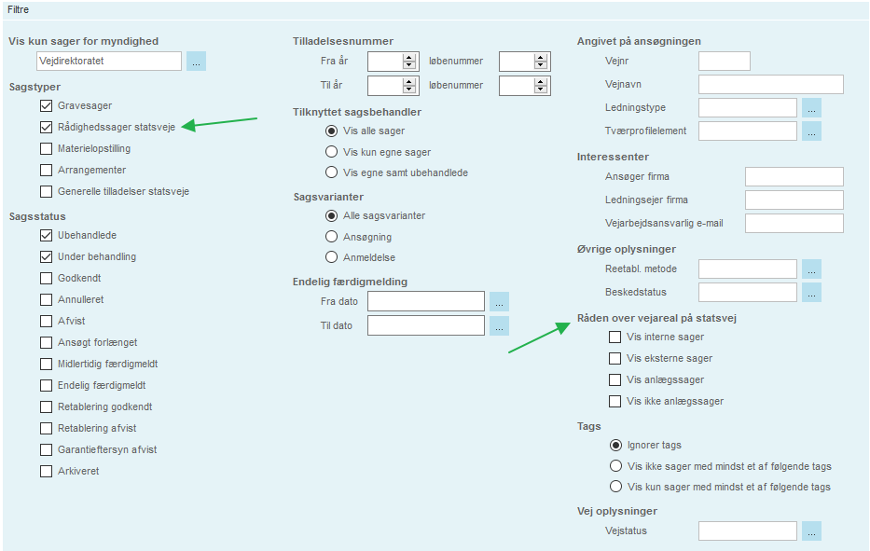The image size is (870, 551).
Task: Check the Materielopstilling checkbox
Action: point(46,149)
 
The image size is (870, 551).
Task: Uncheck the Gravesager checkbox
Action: point(46,106)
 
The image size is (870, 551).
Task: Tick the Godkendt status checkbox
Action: point(46,279)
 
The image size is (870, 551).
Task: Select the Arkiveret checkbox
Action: point(46,472)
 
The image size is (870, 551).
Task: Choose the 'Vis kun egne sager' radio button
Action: point(331,151)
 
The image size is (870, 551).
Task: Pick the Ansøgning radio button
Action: point(331,237)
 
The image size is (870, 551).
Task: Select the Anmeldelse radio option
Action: point(331,257)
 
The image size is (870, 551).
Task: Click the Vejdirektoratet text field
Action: point(109,61)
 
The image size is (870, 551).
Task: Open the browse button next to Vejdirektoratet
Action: point(196,61)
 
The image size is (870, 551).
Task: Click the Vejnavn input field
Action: point(770,84)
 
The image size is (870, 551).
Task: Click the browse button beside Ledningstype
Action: point(811,107)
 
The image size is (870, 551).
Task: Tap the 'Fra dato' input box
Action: point(425,301)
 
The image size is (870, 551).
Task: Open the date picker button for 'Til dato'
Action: point(499,325)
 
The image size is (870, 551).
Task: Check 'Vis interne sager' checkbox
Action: point(615,337)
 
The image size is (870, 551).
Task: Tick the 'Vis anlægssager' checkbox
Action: point(615,380)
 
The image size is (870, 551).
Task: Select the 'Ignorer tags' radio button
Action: point(615,445)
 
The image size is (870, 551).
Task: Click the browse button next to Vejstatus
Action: point(811,531)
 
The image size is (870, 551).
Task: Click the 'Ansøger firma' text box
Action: point(794,176)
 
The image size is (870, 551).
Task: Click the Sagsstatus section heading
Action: point(37,216)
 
